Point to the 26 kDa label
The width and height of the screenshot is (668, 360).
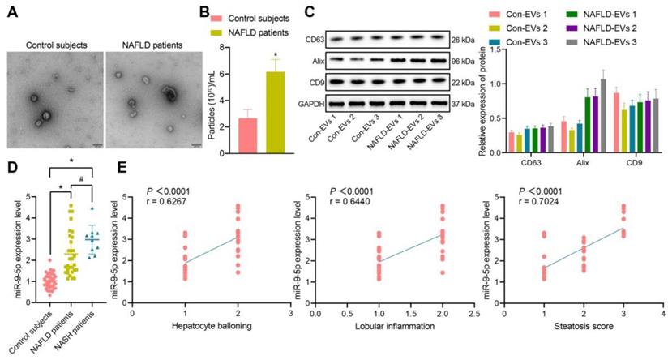465,39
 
